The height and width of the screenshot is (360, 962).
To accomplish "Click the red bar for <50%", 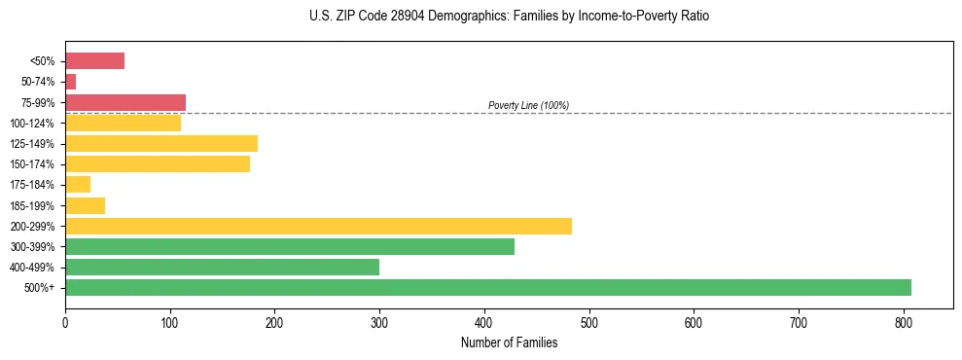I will tap(94, 61).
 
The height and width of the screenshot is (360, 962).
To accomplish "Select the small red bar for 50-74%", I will tap(70, 82).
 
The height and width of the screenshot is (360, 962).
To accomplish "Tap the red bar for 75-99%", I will tap(125, 102).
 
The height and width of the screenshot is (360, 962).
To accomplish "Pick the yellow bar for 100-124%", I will tap(123, 123).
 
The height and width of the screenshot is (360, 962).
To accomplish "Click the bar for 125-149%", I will tap(160, 144).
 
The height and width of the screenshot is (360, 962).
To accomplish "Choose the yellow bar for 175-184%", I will tap(78, 185).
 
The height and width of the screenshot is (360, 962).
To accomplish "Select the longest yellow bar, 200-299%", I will tap(318, 226).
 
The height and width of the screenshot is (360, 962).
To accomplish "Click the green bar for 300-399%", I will tap(289, 247).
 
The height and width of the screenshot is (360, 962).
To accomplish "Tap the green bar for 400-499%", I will tap(222, 268).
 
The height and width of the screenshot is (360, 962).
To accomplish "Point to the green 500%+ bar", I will tap(487, 288).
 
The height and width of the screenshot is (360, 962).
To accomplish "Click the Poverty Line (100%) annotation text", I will tap(528, 105).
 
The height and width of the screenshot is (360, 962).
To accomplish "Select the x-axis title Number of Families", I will tap(509, 342).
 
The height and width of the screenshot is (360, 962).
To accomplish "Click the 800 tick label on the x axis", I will tap(904, 322).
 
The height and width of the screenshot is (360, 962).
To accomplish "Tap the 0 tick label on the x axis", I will tap(65, 322).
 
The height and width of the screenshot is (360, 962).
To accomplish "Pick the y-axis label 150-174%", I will tap(33, 164).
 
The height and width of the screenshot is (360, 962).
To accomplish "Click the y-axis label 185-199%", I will tap(33, 206).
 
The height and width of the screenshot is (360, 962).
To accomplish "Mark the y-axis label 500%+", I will tap(39, 288).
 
